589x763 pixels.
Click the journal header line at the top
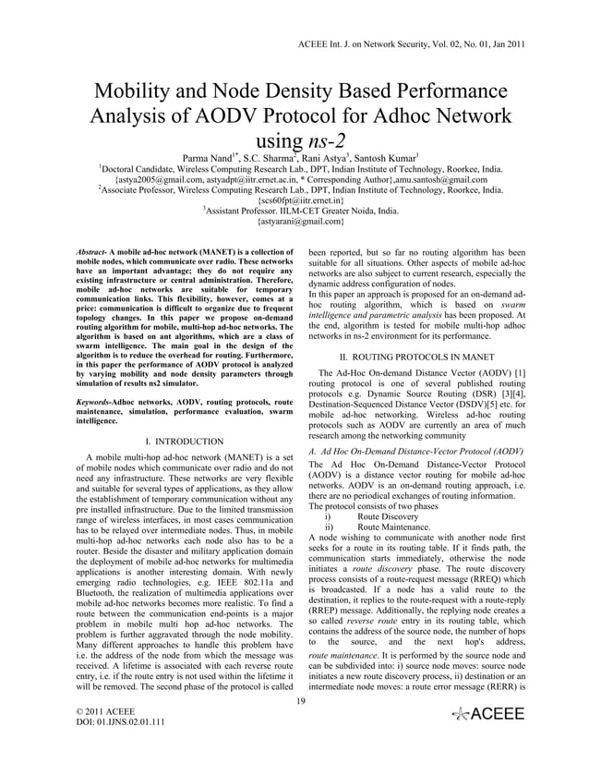pos(412,43)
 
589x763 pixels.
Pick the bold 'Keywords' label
pos(95,405)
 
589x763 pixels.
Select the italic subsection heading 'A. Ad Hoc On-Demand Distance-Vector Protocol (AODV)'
pos(416,450)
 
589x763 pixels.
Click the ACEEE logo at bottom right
pos(486,715)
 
